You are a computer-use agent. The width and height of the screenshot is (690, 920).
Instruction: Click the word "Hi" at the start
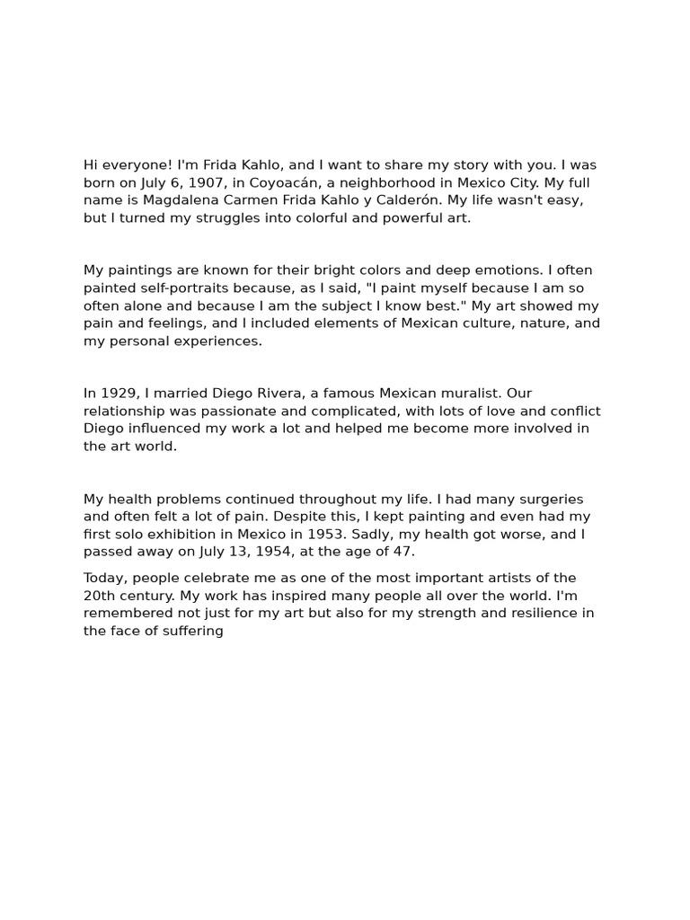[x=91, y=165]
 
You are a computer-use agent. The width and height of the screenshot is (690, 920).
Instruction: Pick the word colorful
[x=314, y=218]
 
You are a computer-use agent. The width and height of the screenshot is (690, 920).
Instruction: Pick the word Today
[x=104, y=578]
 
